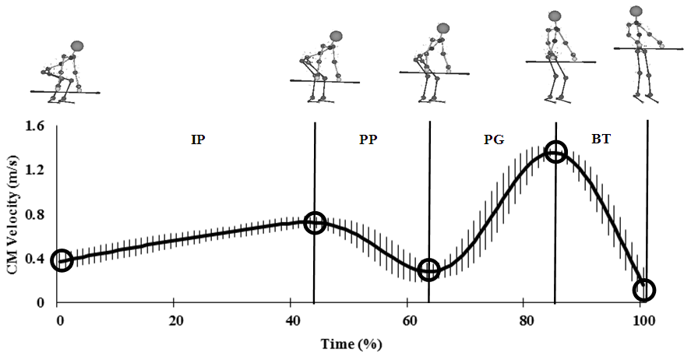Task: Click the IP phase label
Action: [x=199, y=139]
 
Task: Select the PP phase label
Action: [x=370, y=139]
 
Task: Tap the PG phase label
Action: [x=493, y=140]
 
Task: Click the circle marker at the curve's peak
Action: [x=555, y=152]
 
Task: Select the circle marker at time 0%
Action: [x=62, y=260]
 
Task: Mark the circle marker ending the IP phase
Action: [x=314, y=222]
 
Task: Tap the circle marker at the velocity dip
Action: [x=428, y=270]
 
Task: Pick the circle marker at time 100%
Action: [x=644, y=291]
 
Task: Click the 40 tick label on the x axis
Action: [x=291, y=319]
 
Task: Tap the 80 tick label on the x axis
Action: [x=524, y=319]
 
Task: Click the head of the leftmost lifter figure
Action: [x=76, y=47]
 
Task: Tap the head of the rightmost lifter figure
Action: [x=636, y=11]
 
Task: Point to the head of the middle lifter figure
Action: [x=443, y=28]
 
